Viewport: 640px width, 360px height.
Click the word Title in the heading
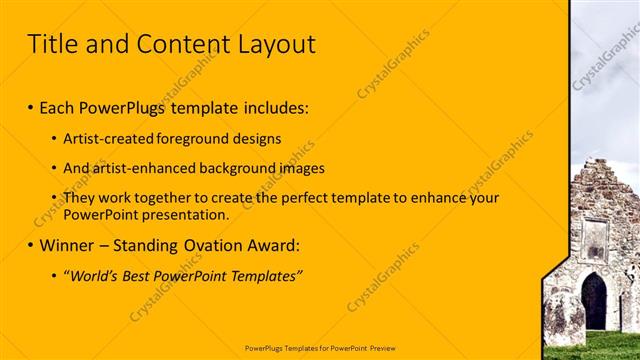[54, 44]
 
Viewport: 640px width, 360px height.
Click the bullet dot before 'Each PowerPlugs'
[31, 106]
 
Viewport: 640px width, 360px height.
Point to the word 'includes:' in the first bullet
[276, 106]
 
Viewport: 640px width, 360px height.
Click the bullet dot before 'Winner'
[31, 245]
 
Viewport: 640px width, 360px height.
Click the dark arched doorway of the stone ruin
[594, 301]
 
